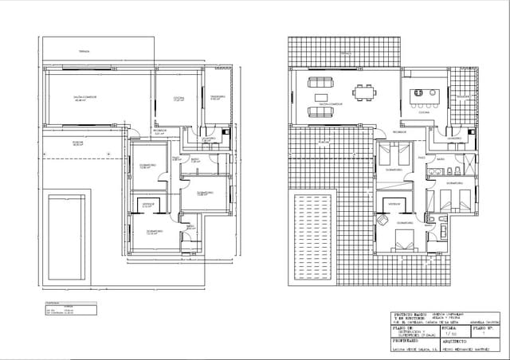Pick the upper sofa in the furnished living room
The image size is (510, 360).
point(322,81)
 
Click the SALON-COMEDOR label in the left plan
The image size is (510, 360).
point(85,97)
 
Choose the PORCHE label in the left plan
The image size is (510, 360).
point(56,144)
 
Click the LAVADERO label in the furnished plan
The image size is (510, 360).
point(455,139)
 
